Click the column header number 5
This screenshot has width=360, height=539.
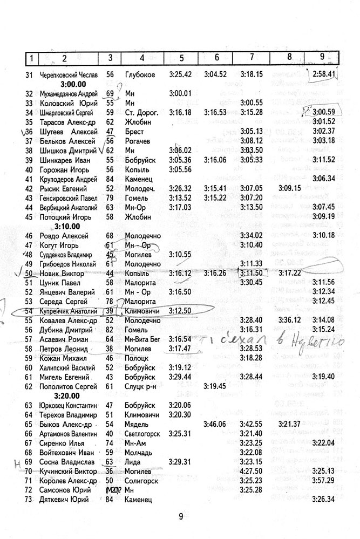181,57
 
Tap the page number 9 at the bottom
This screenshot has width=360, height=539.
181,516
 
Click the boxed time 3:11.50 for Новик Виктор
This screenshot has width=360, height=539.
252,274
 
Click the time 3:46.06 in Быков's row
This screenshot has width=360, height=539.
215,424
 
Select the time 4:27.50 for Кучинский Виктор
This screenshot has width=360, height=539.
252,471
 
